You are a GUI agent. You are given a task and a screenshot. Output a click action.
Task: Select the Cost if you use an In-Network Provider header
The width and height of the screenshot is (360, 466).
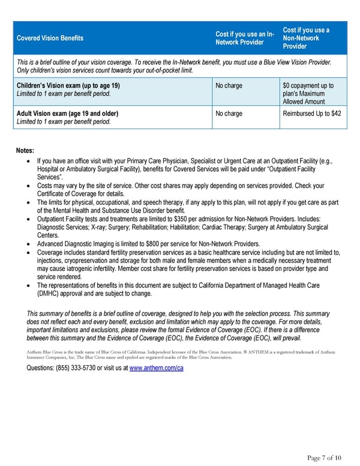[245, 38]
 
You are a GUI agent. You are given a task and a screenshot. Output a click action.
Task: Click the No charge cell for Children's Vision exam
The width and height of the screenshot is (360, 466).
[229, 86]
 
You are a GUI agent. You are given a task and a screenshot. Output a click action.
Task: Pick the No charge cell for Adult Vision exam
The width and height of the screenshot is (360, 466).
[229, 113]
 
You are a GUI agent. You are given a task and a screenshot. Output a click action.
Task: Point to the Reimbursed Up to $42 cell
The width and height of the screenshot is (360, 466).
[311, 113]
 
